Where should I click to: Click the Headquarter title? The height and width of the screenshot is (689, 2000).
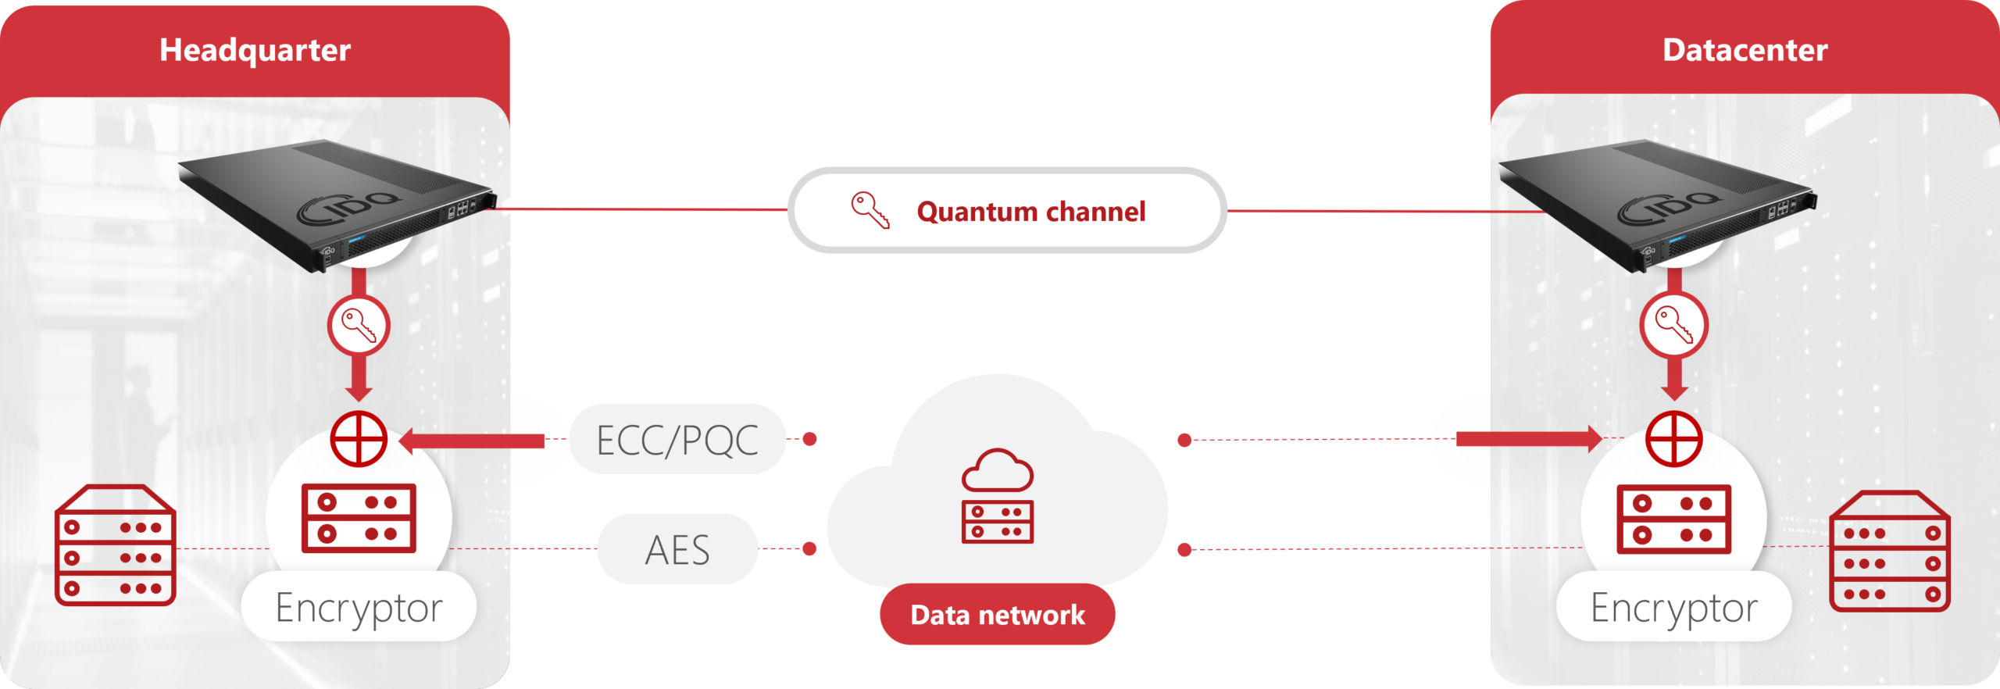click(255, 51)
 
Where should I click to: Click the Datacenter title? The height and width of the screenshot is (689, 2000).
click(1745, 51)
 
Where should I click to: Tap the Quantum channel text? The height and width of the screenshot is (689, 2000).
click(1030, 212)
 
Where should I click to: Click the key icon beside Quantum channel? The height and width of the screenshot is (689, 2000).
click(870, 210)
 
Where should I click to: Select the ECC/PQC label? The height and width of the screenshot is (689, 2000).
click(677, 441)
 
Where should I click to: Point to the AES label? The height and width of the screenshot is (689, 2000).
click(677, 550)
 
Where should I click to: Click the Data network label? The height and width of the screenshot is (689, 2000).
click(997, 616)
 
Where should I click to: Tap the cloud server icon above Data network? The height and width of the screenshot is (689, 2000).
click(997, 495)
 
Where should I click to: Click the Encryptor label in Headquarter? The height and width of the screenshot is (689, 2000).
click(359, 608)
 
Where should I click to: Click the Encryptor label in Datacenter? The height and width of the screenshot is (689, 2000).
click(1673, 608)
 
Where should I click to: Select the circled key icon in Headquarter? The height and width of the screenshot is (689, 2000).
click(359, 325)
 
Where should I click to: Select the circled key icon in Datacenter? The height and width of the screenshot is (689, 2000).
click(1674, 325)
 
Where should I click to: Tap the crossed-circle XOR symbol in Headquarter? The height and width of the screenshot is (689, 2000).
click(359, 439)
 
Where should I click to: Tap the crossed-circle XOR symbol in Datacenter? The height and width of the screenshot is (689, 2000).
click(1674, 439)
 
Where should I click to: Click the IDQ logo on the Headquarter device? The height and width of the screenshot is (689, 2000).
click(350, 206)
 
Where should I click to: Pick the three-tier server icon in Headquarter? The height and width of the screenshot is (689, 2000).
click(115, 545)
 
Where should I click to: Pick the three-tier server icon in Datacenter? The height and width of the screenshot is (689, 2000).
click(1890, 551)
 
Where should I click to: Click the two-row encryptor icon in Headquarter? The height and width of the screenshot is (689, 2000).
click(359, 518)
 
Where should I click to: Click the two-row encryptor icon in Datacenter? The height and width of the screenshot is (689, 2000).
click(1674, 519)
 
